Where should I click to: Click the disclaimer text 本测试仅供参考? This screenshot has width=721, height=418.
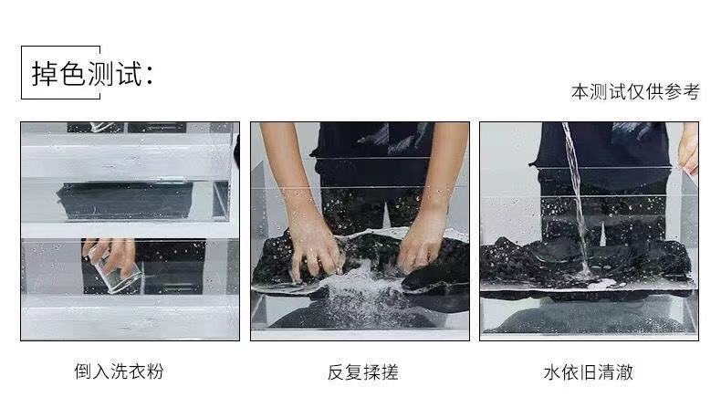point(635,92)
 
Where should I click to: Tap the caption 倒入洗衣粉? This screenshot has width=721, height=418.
point(119,371)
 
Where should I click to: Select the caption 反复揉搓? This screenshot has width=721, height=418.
point(363,372)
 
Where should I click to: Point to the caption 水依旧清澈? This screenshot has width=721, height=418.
point(588,372)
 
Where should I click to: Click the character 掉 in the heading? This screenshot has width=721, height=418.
point(45,74)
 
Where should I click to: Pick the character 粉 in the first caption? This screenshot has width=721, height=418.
point(155,371)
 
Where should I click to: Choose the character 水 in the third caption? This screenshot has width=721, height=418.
point(552,372)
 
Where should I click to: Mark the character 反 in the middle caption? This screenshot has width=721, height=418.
point(336,372)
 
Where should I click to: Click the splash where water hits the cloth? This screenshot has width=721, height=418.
point(586,274)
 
